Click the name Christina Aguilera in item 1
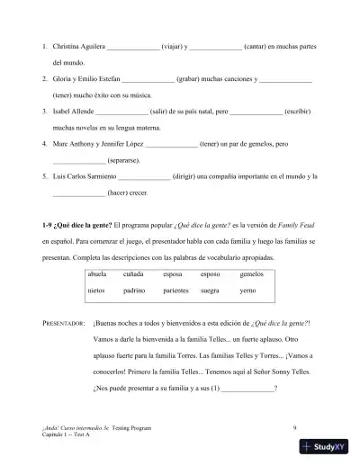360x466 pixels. (80, 45)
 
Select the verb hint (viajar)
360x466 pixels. (175, 45)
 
